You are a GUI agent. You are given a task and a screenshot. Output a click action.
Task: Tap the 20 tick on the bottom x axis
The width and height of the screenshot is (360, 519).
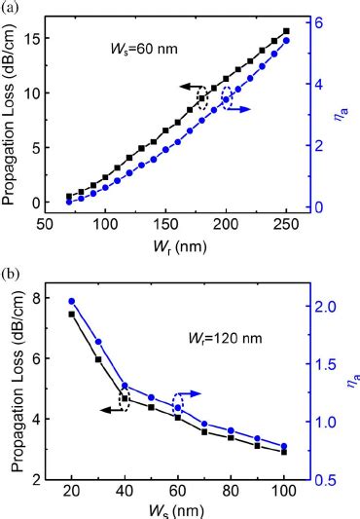71,488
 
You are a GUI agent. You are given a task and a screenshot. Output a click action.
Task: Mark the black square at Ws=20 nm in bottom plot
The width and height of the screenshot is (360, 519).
71,314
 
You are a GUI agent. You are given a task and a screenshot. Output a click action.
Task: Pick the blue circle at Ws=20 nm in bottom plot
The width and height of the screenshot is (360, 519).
71,301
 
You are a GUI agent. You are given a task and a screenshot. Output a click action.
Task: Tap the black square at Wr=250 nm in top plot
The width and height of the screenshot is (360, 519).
285,31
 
